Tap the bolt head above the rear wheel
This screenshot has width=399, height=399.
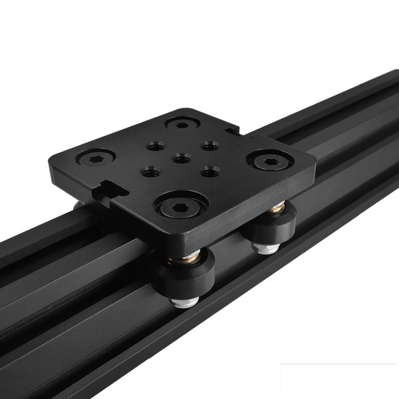pos(269,162)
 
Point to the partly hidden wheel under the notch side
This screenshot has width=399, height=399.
pos(78,205)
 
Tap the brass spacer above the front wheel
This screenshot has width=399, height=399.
pos(184,255)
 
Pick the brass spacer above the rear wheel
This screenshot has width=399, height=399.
pos(274,210)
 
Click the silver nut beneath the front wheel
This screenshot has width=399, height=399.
pos(183,301)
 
